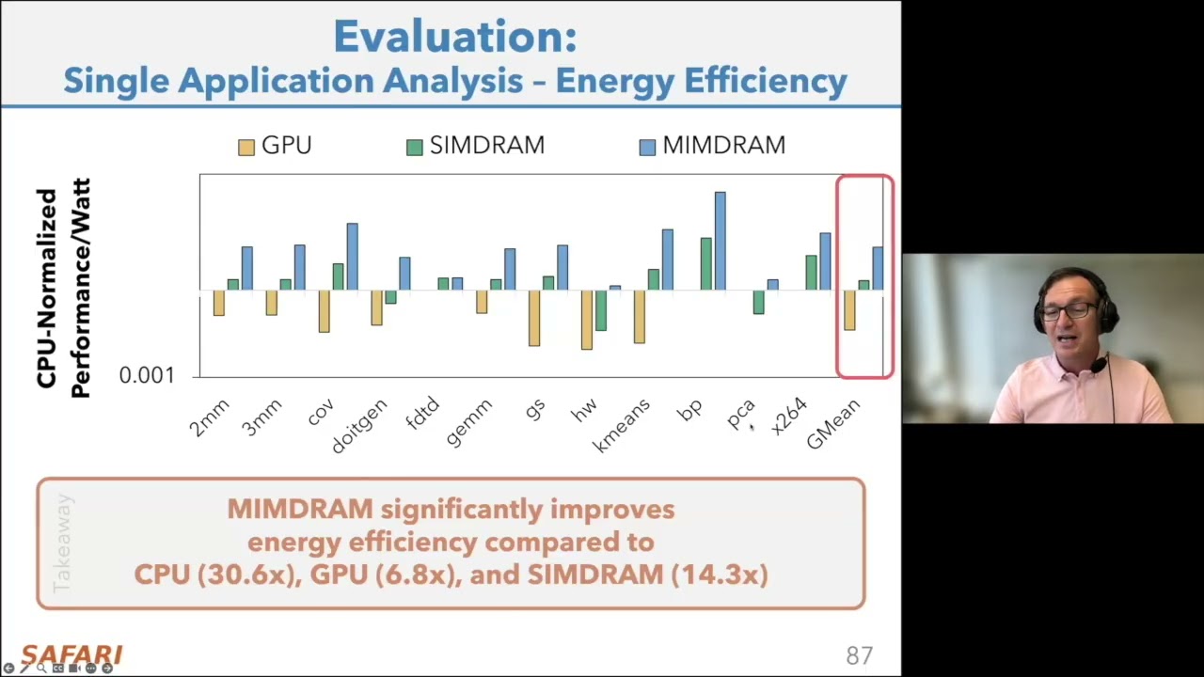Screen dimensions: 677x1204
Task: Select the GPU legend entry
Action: pyautogui.click(x=275, y=146)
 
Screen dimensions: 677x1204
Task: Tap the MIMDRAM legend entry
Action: pyautogui.click(x=712, y=146)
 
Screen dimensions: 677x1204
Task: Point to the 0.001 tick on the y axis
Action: pyautogui.click(x=147, y=375)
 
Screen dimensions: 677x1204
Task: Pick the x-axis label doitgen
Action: pyautogui.click(x=359, y=427)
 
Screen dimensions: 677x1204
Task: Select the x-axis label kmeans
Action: pyautogui.click(x=622, y=426)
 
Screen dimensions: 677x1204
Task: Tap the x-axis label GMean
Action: pyautogui.click(x=833, y=424)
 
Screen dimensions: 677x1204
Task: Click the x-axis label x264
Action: pyautogui.click(x=788, y=417)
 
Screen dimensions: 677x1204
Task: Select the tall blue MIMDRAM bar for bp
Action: pyautogui.click(x=720, y=241)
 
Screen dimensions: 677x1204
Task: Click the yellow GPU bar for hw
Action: pyautogui.click(x=587, y=320)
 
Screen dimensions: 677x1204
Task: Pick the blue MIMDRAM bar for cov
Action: pyautogui.click(x=352, y=256)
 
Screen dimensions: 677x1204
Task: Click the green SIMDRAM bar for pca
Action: pyautogui.click(x=758, y=302)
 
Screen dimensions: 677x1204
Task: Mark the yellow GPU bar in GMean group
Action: pyautogui.click(x=849, y=310)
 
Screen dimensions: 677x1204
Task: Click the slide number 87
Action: pyautogui.click(x=859, y=655)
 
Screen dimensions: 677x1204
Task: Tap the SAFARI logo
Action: pyautogui.click(x=71, y=654)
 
